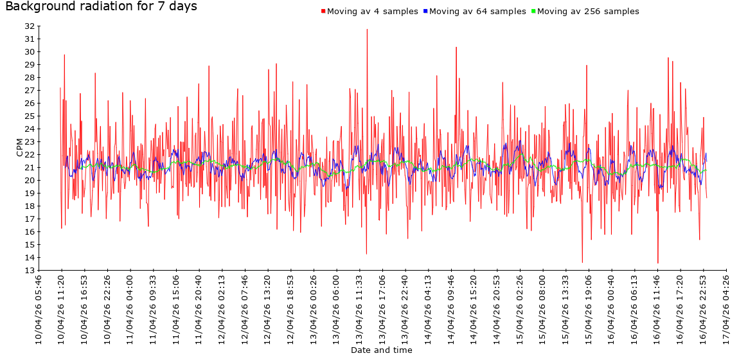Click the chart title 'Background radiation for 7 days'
101,7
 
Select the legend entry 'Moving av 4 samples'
372,12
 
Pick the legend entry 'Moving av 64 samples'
477,12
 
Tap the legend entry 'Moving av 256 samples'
587,12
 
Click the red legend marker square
323,12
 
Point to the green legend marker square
533,12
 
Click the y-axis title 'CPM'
19,148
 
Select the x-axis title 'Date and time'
382,350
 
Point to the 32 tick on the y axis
30,26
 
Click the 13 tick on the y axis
30,271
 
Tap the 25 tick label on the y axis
30,116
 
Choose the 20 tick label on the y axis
30,181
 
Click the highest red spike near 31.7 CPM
367,29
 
